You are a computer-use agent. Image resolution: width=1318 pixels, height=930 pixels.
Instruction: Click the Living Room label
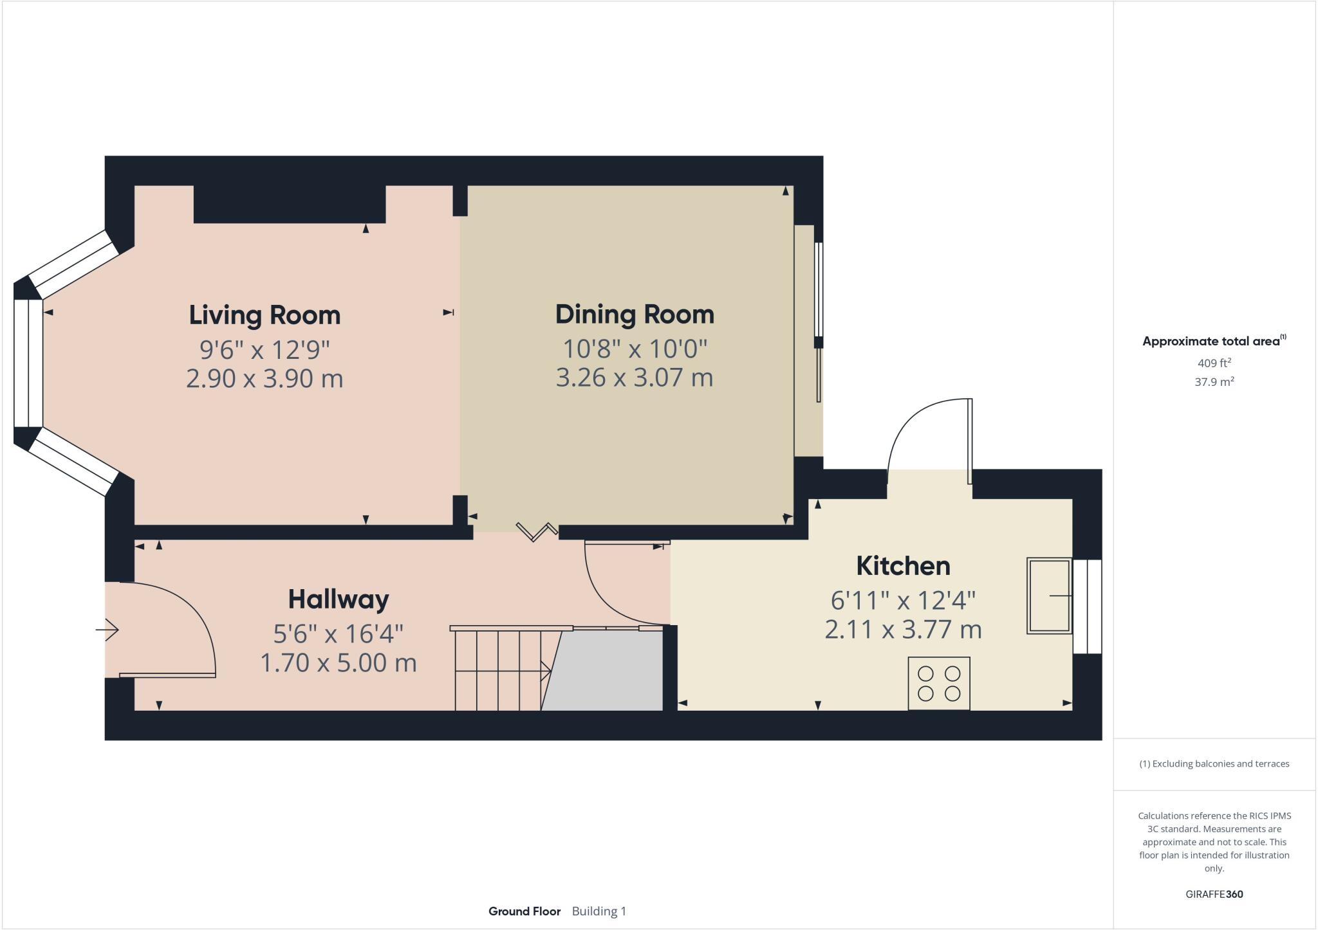[x=265, y=315]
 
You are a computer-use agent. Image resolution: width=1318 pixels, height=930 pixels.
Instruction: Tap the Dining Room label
[x=635, y=315]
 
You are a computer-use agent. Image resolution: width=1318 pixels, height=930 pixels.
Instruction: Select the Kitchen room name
[x=903, y=566]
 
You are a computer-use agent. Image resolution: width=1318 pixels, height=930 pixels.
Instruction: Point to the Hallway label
[x=339, y=599]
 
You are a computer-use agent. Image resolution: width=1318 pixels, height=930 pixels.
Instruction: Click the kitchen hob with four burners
[x=939, y=683]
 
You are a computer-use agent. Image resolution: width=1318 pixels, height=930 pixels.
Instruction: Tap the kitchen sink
[x=1049, y=596]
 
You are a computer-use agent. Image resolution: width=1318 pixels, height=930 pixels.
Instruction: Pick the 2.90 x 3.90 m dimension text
[x=265, y=378]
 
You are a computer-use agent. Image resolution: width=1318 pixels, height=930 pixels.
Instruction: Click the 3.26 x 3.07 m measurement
[x=635, y=377]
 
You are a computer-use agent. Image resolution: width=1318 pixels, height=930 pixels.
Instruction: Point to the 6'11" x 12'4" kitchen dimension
[x=903, y=601]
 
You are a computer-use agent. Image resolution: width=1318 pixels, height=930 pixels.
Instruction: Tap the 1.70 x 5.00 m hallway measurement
[x=339, y=662]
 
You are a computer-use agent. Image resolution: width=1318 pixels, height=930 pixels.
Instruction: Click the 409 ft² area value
[x=1214, y=363]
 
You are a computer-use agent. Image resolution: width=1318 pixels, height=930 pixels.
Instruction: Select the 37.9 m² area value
[x=1214, y=381]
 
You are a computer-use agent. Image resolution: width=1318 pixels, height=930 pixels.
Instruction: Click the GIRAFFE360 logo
[x=1214, y=894]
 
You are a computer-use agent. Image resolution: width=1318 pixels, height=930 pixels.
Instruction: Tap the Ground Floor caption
[x=524, y=911]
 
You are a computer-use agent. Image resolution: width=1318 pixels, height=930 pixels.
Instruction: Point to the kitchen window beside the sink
[x=1088, y=606]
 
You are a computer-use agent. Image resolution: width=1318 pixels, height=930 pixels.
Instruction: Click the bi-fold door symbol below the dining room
[x=537, y=531]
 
